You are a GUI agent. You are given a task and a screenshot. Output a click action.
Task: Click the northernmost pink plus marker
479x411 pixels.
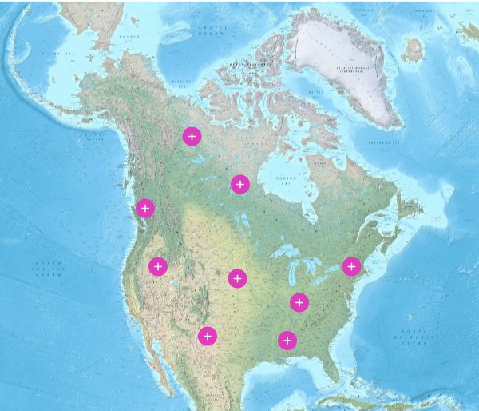pos(192,136)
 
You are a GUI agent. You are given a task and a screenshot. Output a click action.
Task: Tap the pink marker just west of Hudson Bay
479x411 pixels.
pos(239,185)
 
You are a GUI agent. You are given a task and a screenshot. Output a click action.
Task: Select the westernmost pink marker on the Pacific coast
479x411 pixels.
pos(144,208)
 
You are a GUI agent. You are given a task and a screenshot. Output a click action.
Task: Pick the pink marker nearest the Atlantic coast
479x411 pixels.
pos(351,266)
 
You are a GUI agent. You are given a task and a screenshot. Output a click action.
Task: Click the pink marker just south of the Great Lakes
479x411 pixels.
pos(299,302)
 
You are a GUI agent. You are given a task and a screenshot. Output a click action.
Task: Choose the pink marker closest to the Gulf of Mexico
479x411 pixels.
pos(287,341)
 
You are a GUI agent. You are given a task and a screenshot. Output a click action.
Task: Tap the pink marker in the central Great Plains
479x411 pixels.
pos(237,278)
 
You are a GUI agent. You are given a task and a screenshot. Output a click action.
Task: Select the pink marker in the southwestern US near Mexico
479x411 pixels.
pos(208,336)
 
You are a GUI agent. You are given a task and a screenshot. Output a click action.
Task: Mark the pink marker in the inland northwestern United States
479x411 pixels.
pos(158,266)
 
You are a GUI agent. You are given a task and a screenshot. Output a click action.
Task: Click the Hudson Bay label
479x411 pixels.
pos(285,180)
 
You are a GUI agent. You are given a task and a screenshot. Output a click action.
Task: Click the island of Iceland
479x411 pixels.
pos(413,50)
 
